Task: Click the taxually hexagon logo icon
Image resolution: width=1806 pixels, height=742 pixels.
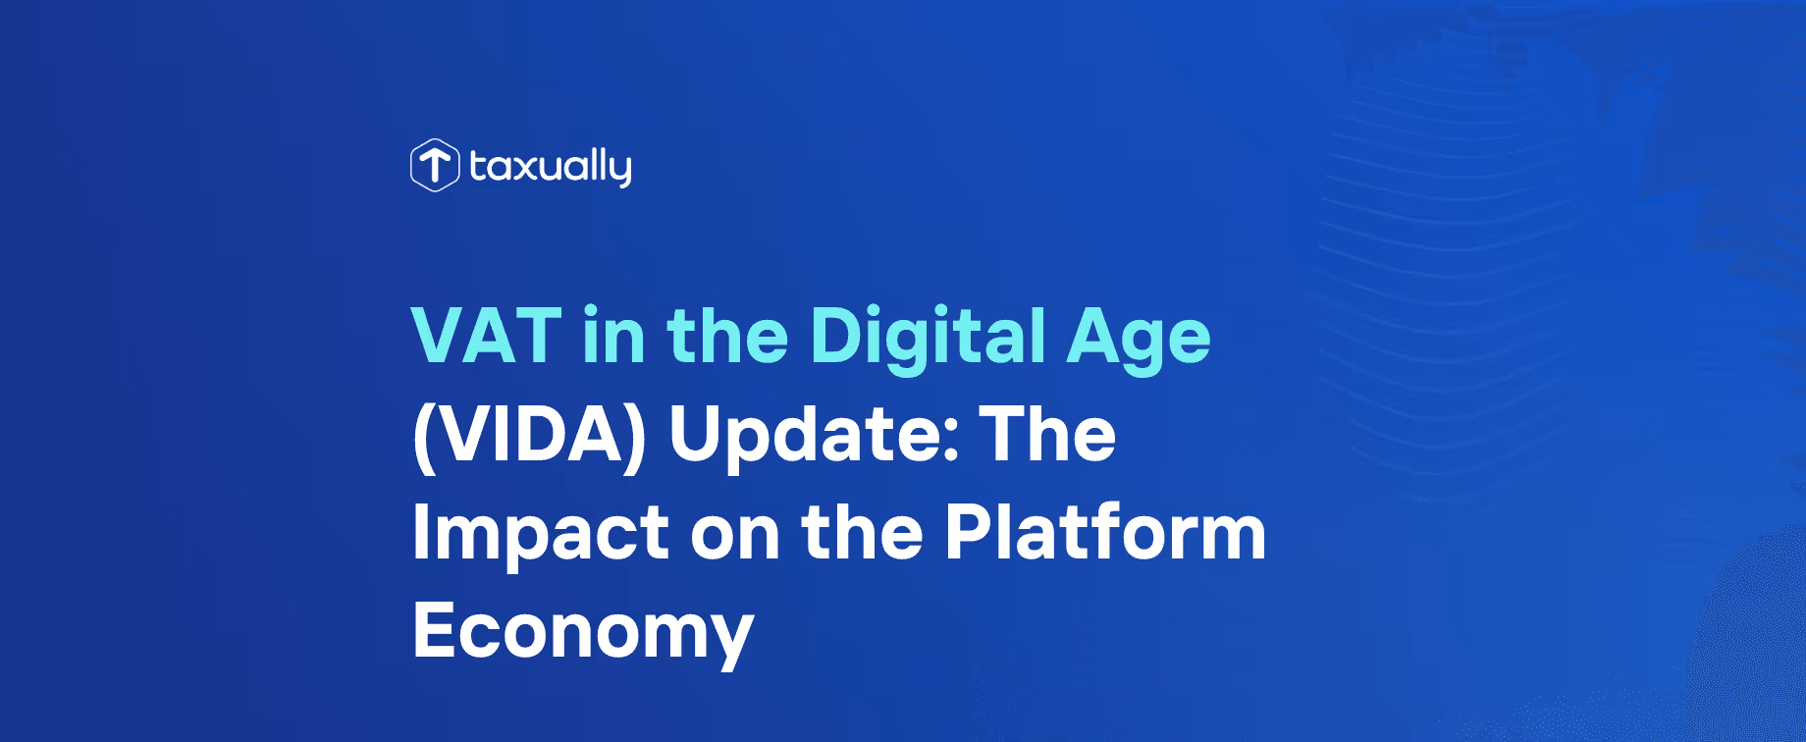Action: click(x=434, y=165)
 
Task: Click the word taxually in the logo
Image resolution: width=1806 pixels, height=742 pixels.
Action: click(x=551, y=167)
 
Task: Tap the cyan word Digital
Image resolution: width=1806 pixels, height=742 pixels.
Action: click(x=929, y=337)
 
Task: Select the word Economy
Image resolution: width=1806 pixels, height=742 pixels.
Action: click(x=583, y=633)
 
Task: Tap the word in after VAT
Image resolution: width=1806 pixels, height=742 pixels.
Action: click(x=613, y=337)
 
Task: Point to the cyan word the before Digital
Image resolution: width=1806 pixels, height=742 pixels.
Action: click(x=727, y=337)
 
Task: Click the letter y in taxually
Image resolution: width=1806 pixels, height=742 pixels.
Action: click(x=619, y=170)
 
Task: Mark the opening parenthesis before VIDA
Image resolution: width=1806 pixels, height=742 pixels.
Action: click(x=423, y=437)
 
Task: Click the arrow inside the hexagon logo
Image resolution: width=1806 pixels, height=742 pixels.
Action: click(x=434, y=163)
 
